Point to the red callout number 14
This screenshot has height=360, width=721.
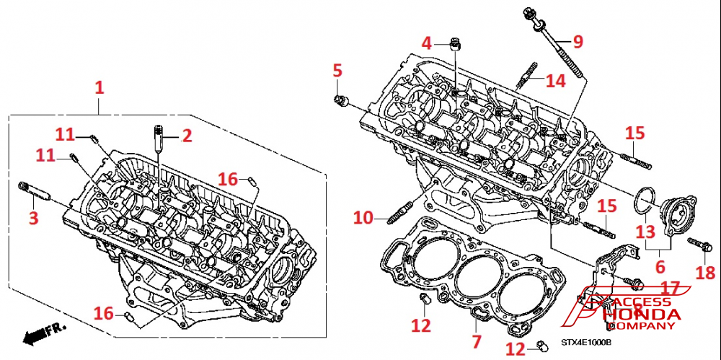555,80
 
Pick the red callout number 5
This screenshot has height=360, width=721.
337,71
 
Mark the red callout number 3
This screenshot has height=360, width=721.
33,218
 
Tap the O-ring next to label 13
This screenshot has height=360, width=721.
646,200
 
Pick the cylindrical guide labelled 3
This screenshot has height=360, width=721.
34,192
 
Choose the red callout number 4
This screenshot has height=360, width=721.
427,43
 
